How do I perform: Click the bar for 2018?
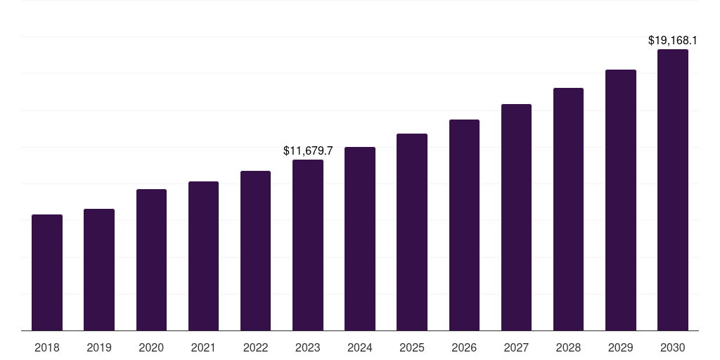click(x=47, y=272)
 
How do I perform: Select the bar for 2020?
click(x=151, y=259)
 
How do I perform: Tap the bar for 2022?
click(x=255, y=250)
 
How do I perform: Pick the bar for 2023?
click(x=308, y=245)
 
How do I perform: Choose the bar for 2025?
click(x=412, y=232)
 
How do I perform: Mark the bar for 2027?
click(x=516, y=217)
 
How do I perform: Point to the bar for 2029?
click(x=621, y=200)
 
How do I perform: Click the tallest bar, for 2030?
click(x=673, y=190)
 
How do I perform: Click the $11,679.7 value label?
click(x=308, y=150)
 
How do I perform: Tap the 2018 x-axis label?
click(x=47, y=347)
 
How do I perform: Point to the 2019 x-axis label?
click(x=99, y=347)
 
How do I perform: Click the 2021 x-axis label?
click(x=203, y=347)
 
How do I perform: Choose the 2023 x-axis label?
click(x=308, y=347)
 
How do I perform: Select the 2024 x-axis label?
click(x=360, y=347)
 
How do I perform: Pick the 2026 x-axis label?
click(x=464, y=347)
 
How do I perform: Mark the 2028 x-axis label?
click(x=568, y=347)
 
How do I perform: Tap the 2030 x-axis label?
click(x=673, y=347)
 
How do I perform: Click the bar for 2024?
click(x=360, y=238)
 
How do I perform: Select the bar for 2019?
click(x=99, y=269)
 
